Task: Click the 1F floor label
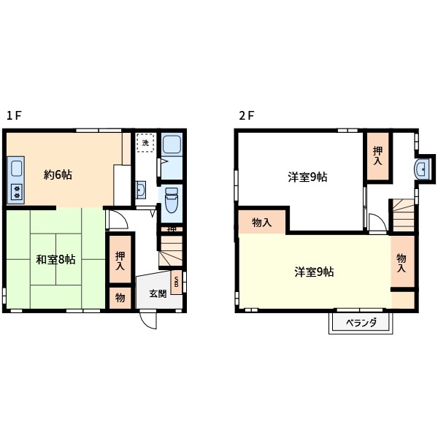(15, 115)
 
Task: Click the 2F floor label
(246, 115)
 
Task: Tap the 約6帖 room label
(58, 174)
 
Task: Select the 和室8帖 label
(55, 259)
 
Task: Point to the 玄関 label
(158, 293)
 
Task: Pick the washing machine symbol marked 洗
(145, 143)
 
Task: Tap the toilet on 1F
(171, 201)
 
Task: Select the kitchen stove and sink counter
(15, 180)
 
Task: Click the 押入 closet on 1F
(120, 260)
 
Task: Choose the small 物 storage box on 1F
(120, 298)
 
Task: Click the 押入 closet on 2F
(377, 155)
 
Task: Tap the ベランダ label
(361, 322)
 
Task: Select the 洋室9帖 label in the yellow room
(315, 272)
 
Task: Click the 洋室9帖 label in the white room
(307, 177)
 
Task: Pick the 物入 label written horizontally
(262, 223)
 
